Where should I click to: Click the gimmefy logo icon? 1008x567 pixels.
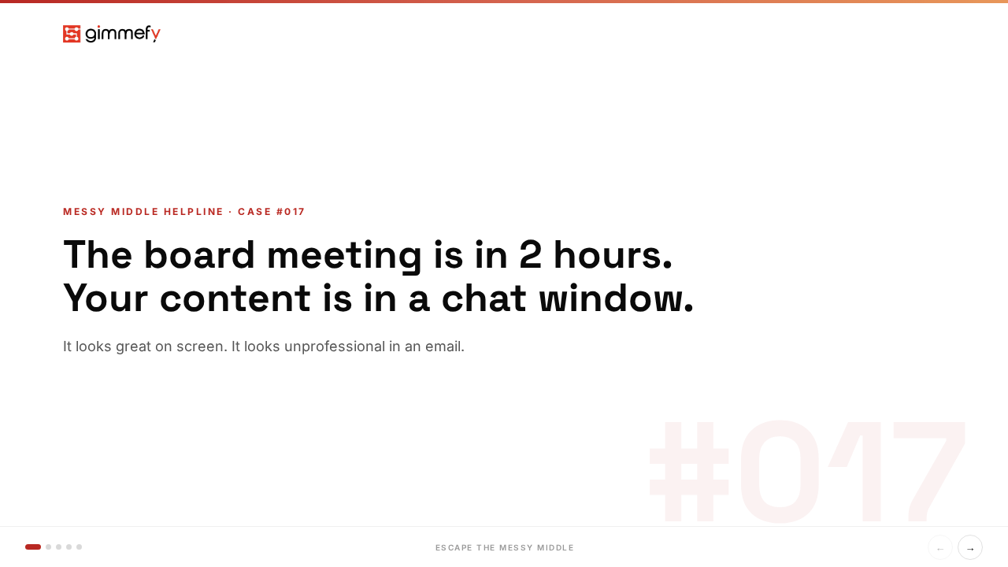pyautogui.click(x=72, y=34)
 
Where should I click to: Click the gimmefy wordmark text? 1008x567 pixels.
pyautogui.click(x=123, y=34)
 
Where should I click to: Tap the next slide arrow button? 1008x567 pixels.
pyautogui.click(x=970, y=547)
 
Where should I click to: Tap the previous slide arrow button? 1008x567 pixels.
pyautogui.click(x=940, y=547)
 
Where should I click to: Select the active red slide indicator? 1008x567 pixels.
pyautogui.click(x=33, y=547)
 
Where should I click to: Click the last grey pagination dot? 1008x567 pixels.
pyautogui.click(x=79, y=547)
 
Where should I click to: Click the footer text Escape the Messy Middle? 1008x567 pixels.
pyautogui.click(x=505, y=547)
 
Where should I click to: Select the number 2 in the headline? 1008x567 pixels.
pyautogui.click(x=531, y=255)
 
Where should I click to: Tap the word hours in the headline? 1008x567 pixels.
pyautogui.click(x=613, y=255)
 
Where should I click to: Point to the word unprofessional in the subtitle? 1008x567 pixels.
pyautogui.click(x=334, y=346)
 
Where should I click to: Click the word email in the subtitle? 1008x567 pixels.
pyautogui.click(x=444, y=346)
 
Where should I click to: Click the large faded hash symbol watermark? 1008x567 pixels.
pyautogui.click(x=689, y=472)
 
